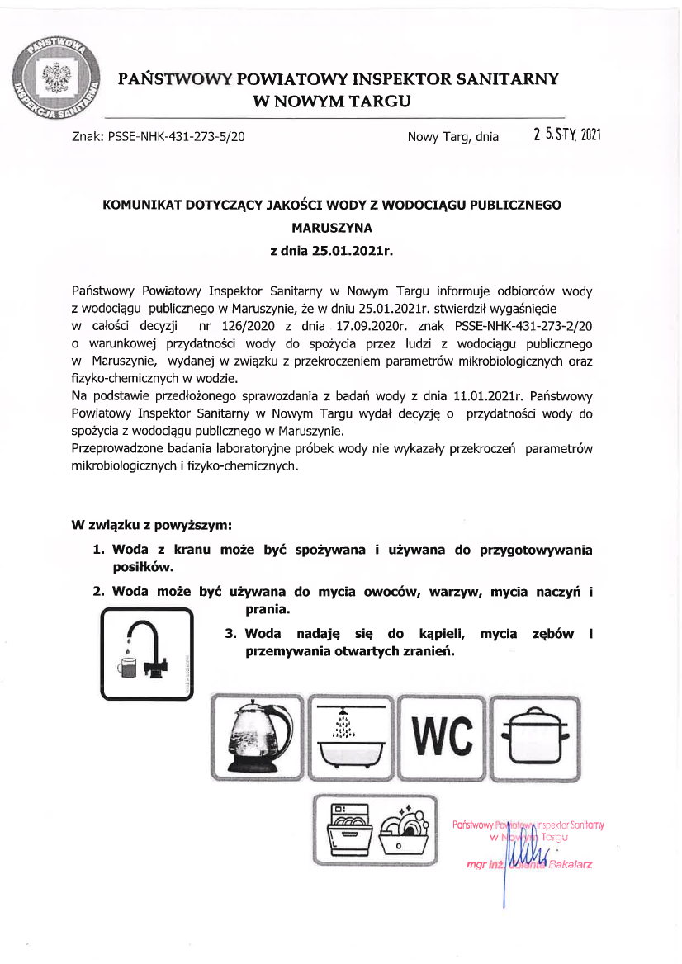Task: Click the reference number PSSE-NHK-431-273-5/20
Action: click(x=175, y=137)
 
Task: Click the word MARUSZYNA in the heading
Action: click(x=332, y=224)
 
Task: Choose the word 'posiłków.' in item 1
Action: click(x=142, y=568)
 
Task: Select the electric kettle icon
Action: click(x=258, y=737)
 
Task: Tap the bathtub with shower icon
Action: click(x=350, y=737)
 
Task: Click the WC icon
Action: click(x=442, y=737)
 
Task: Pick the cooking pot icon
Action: click(x=533, y=737)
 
